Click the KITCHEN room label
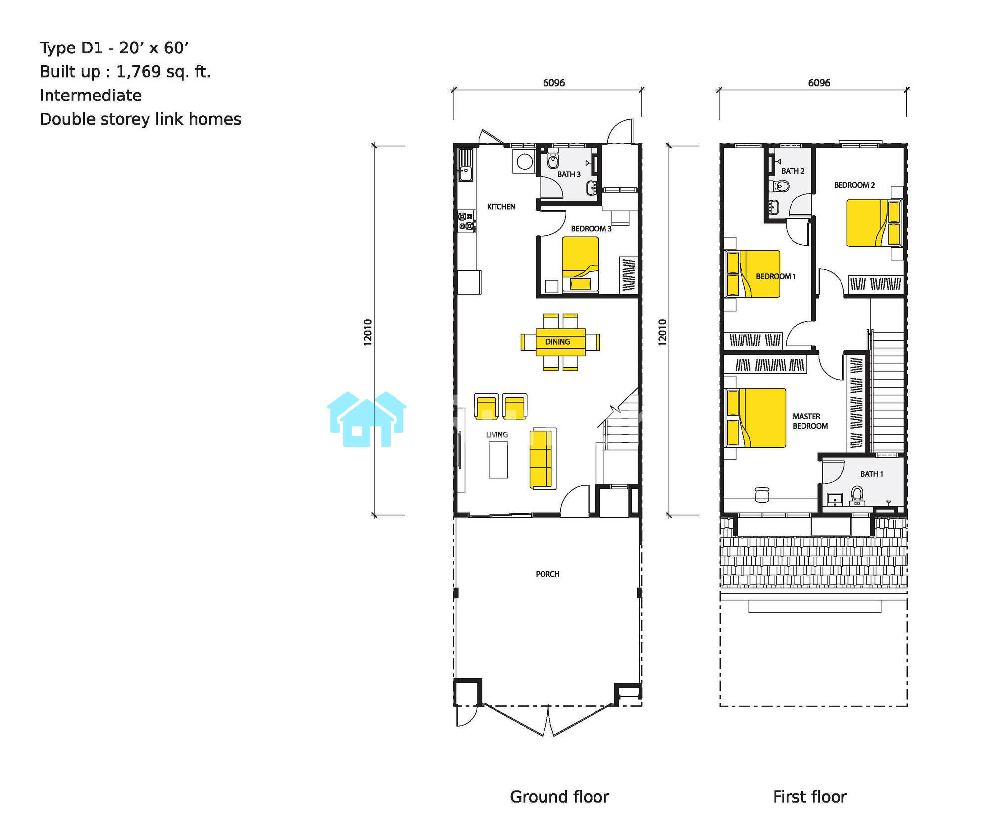tap(501, 207)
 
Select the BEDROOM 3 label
tap(591, 229)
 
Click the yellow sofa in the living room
tap(541, 458)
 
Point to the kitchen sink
tap(465, 166)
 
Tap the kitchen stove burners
tap(466, 221)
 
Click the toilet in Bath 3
tap(553, 159)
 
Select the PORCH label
tap(547, 574)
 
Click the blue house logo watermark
tap(367, 419)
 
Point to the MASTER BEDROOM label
tap(810, 421)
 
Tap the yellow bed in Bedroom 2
tap(873, 223)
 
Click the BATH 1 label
tap(872, 474)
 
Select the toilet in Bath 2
tap(779, 186)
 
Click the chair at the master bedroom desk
tap(762, 494)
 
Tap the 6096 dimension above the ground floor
tap(554, 83)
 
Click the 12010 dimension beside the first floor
tap(663, 332)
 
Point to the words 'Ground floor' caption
tap(559, 797)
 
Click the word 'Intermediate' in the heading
tap(91, 95)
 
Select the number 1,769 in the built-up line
tap(139, 72)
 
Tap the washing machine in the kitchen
tap(524, 161)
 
